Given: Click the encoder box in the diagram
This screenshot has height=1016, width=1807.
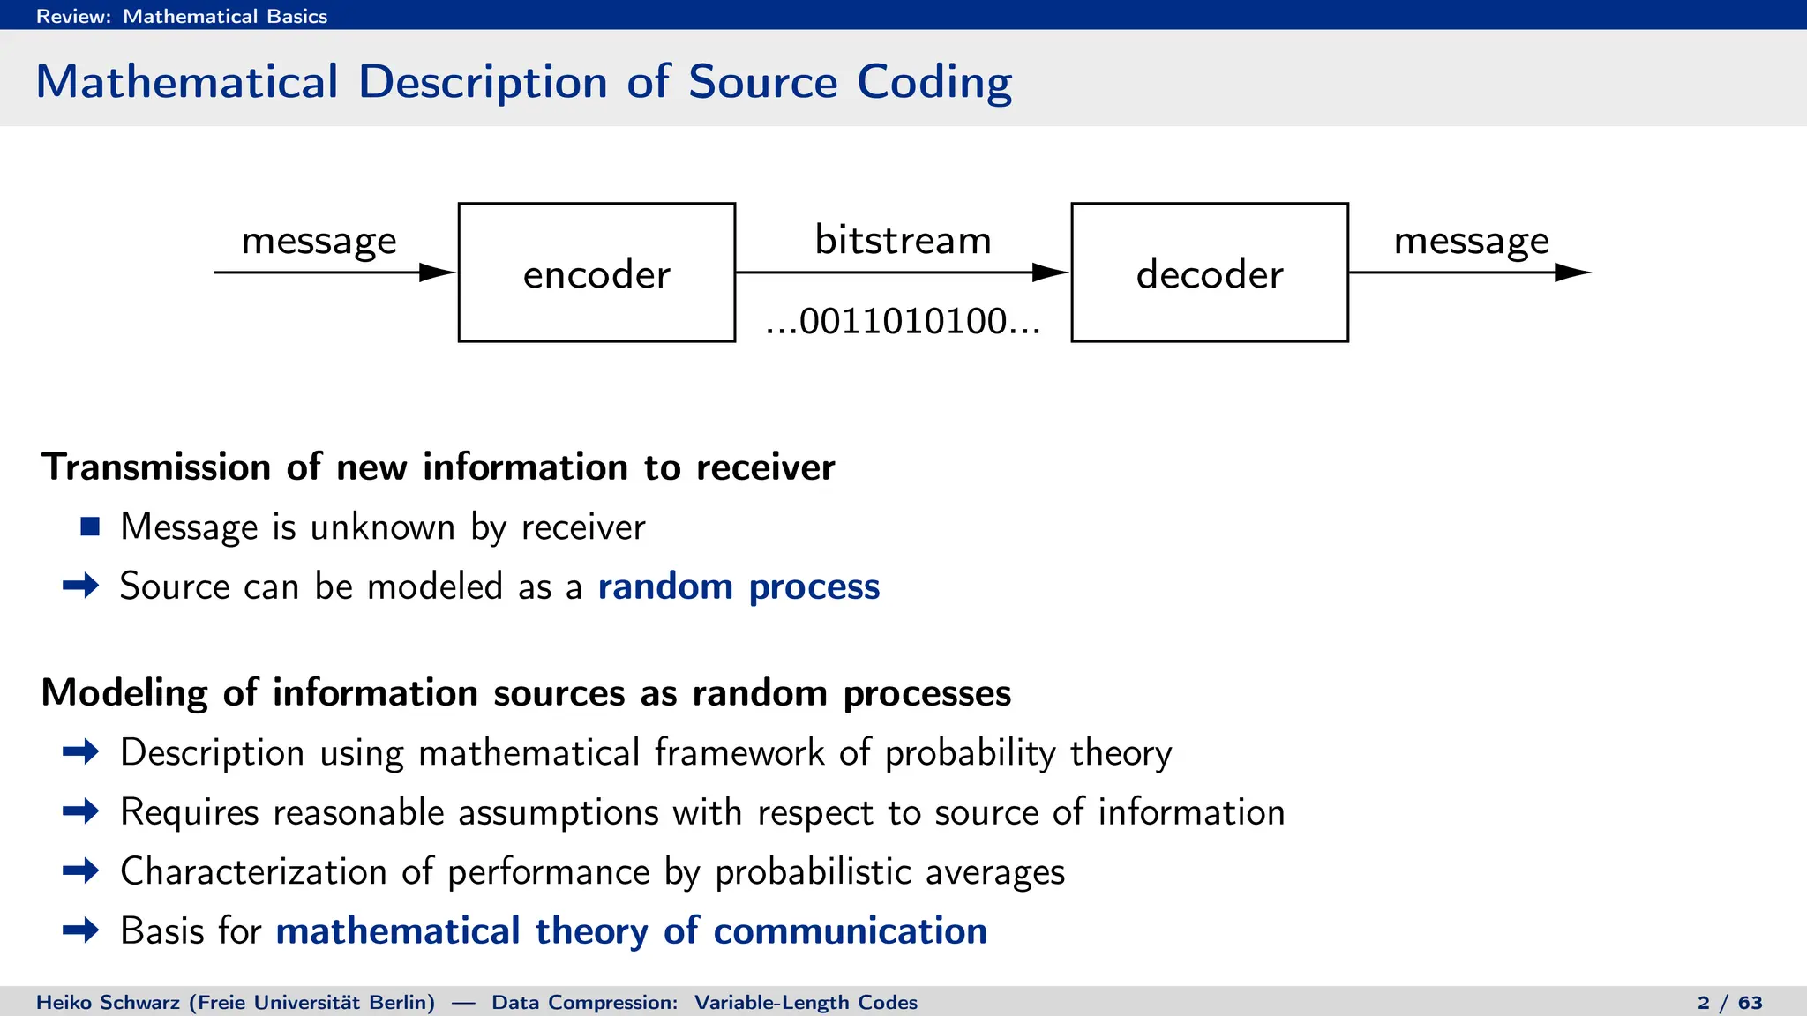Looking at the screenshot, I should click(596, 273).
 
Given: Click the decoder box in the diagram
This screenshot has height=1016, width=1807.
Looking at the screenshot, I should click(1209, 273).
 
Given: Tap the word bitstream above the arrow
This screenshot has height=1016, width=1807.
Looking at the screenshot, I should click(903, 240).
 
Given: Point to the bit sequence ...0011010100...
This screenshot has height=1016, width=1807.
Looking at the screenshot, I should click(903, 321).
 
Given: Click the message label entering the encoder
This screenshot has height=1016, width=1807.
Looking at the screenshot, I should click(319, 241).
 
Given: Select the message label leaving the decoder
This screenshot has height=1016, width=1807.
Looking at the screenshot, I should click(1471, 241).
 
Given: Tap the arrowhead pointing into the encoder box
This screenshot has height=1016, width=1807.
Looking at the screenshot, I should click(437, 273).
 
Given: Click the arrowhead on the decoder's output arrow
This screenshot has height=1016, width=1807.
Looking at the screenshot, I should click(1571, 273).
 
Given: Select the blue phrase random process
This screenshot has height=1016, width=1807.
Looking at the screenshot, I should click(739, 586).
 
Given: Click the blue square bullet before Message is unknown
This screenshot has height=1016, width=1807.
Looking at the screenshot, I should click(90, 527).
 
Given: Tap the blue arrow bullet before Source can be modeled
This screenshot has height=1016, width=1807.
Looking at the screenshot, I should click(81, 586).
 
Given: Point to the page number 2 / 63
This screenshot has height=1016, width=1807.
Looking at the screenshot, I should click(1729, 1003).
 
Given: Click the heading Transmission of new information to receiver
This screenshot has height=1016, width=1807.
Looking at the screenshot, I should click(438, 467).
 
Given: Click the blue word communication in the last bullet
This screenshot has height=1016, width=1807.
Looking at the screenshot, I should click(850, 931).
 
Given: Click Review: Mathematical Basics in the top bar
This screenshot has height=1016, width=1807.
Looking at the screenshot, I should click(181, 16).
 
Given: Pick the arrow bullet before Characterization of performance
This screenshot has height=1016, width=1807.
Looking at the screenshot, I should click(81, 871).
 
